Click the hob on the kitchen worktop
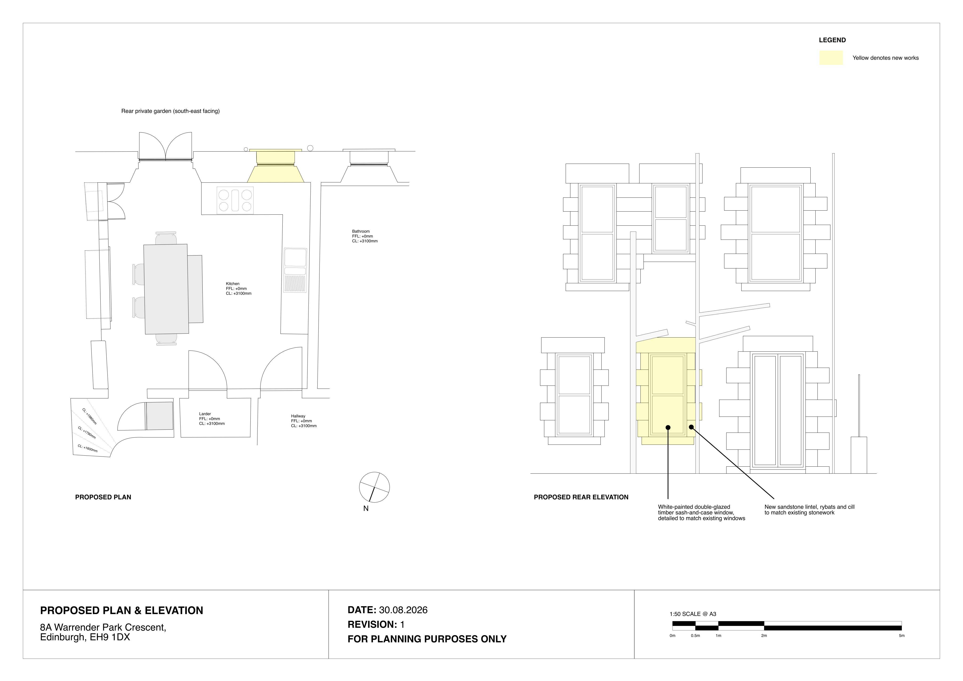(235, 201)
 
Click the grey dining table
(166, 289)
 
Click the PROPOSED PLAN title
(103, 497)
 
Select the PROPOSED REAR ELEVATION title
(581, 497)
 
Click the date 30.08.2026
(403, 610)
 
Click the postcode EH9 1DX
(110, 637)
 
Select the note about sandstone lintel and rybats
(809, 510)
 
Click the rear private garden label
(170, 111)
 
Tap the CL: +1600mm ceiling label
(87, 448)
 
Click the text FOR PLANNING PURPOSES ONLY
(427, 639)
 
